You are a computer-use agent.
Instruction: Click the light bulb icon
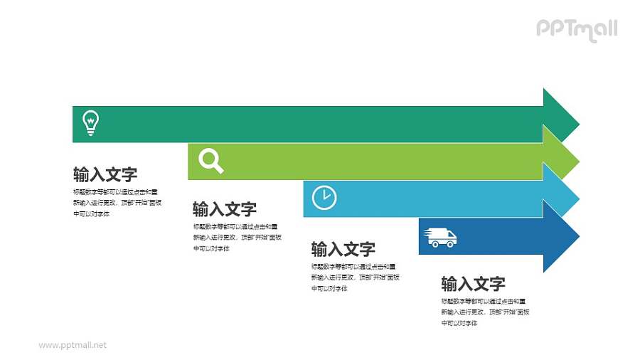pyautogui.click(x=91, y=122)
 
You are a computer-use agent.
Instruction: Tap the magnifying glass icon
pyautogui.click(x=210, y=160)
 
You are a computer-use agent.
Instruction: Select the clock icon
pyautogui.click(x=324, y=198)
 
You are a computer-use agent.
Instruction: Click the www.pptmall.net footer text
pyautogui.click(x=73, y=345)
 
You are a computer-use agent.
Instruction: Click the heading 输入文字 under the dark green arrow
pyautogui.click(x=105, y=174)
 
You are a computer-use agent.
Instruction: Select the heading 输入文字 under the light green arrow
pyautogui.click(x=225, y=209)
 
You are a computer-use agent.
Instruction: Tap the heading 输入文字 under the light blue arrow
pyautogui.click(x=343, y=249)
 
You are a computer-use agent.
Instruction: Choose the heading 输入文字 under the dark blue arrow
pyautogui.click(x=474, y=284)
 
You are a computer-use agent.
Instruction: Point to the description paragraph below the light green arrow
pyautogui.click(x=235, y=238)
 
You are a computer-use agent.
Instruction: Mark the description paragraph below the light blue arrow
pyautogui.click(x=354, y=277)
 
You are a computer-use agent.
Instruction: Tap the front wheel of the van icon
pyautogui.click(x=450, y=244)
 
